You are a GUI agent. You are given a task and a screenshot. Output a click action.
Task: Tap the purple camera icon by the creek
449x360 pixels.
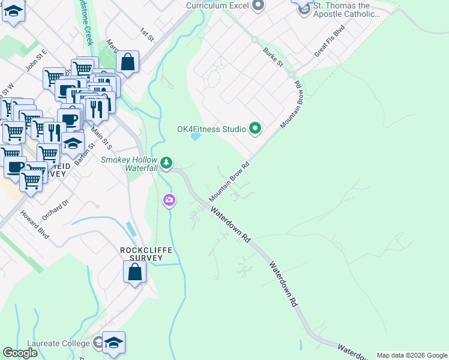tap(169, 200)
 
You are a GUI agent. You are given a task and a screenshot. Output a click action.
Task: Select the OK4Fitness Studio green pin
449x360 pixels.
tap(255, 128)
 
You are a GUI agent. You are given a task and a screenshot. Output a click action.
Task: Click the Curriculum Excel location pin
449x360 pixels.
tap(258, 7)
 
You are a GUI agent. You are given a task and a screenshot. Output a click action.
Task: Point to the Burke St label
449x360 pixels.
tap(273, 59)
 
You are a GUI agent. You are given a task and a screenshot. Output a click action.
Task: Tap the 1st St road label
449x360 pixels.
tap(147, 34)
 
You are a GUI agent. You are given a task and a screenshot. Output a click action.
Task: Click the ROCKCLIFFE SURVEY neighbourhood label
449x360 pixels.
tap(142, 254)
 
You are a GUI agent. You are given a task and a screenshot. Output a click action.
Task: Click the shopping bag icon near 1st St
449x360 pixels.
tap(127, 61)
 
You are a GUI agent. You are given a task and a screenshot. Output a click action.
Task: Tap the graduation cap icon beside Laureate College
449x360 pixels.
tap(113, 342)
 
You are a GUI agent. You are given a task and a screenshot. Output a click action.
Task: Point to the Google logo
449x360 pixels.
tap(20, 353)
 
